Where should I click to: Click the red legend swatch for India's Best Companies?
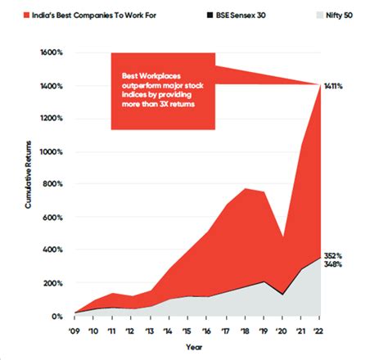[25, 16]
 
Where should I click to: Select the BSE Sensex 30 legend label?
[233, 16]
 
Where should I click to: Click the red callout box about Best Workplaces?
[160, 92]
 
